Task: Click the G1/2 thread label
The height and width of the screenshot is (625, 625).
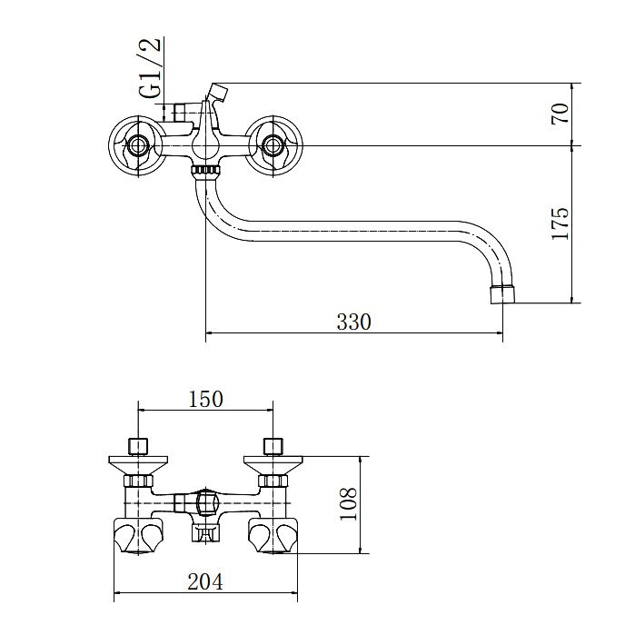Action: coord(151,68)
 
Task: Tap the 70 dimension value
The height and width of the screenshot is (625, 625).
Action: coord(560,114)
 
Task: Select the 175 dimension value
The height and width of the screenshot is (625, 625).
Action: coord(560,223)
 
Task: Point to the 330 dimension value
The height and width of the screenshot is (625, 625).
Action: coord(353,322)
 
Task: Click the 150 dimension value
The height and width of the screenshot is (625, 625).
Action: coord(205,399)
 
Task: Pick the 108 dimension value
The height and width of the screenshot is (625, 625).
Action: coord(348,504)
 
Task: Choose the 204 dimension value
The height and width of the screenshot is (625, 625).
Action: coord(205,581)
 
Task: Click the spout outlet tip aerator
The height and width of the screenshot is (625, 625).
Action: coord(501,294)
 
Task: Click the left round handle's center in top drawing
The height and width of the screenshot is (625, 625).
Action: coord(138,146)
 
